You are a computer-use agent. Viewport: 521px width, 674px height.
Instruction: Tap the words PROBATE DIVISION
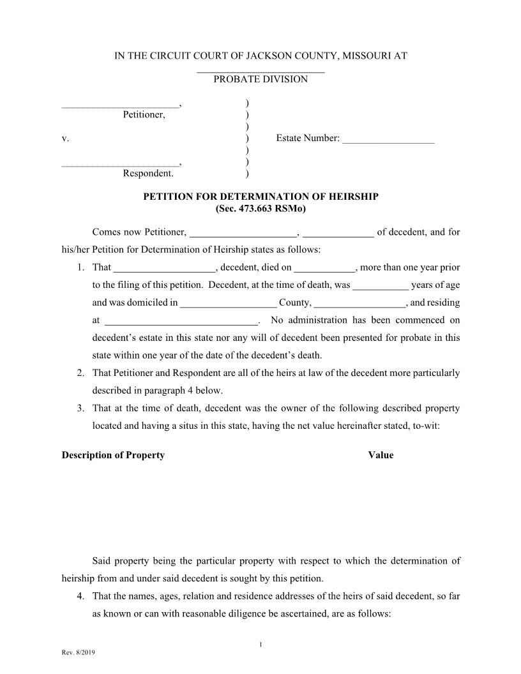coord(260,79)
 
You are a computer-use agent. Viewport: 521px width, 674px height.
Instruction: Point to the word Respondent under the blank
coord(147,173)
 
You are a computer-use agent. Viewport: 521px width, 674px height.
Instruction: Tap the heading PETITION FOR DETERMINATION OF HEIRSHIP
coord(260,197)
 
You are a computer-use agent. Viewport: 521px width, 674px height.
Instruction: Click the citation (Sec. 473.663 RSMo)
coord(260,208)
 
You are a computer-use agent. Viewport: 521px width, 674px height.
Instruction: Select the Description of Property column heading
coord(113,455)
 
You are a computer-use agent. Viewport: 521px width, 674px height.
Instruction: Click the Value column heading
coord(381,455)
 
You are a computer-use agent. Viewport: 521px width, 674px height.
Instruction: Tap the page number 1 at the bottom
coord(260,645)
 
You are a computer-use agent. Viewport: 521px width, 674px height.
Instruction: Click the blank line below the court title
coord(260,70)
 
